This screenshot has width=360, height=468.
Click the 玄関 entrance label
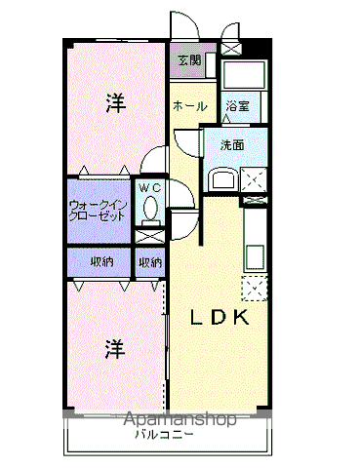[189, 60]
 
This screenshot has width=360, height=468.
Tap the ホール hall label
[189, 105]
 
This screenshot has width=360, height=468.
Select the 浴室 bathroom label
[238, 105]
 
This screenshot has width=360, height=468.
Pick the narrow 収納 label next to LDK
[149, 261]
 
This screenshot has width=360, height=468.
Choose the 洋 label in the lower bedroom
[115, 346]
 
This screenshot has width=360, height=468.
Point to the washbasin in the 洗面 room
[221, 179]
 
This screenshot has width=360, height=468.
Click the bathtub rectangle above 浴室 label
[239, 76]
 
